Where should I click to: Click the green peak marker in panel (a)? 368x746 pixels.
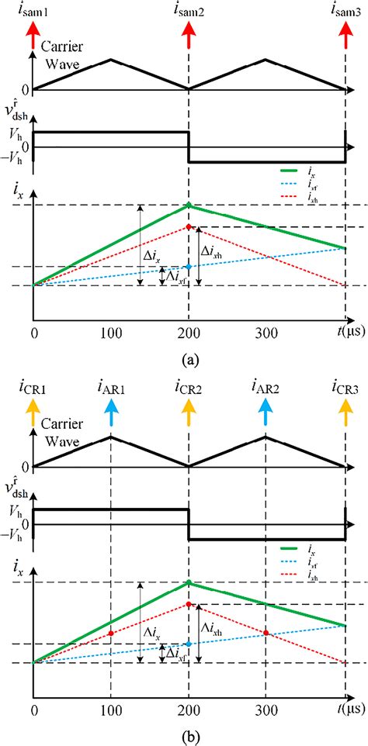pyautogui.click(x=189, y=205)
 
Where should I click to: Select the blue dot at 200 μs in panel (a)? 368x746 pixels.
pyautogui.click(x=189, y=267)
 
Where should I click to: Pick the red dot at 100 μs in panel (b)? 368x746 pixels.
pyautogui.click(x=111, y=634)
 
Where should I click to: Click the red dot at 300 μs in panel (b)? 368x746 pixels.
pyautogui.click(x=266, y=634)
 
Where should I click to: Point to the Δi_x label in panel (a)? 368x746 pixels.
pyautogui.click(x=154, y=254)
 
